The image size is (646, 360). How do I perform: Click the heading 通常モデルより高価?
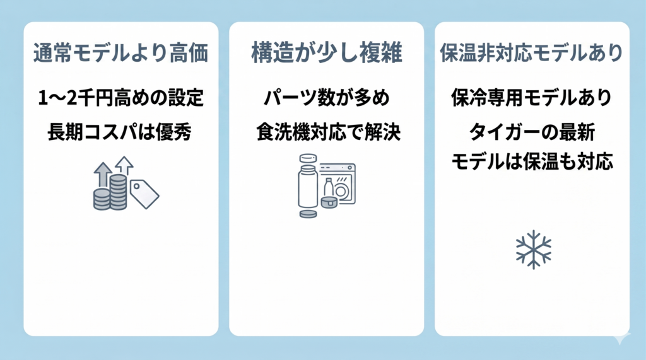click(120, 53)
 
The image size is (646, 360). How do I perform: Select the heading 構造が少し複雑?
click(327, 53)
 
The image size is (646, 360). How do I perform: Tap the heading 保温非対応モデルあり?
click(532, 53)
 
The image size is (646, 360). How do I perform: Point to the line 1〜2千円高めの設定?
click(120, 98)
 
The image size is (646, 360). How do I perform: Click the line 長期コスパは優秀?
click(119, 132)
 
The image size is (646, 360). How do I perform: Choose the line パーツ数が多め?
click(327, 98)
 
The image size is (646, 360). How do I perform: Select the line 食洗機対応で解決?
click(328, 132)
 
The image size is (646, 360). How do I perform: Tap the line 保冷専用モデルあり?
click(531, 98)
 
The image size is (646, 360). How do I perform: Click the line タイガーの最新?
click(532, 132)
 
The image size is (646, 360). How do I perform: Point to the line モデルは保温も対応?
click(532, 161)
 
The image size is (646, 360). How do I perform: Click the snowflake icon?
click(534, 250)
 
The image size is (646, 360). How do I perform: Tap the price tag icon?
click(144, 194)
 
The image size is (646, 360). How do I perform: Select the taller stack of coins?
click(118, 192)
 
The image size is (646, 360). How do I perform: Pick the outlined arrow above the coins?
click(124, 166)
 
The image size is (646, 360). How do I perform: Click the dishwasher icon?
click(338, 183)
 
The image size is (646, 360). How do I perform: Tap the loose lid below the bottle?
click(308, 214)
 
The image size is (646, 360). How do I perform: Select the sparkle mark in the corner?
click(622, 337)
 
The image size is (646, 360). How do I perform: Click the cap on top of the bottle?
click(308, 158)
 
